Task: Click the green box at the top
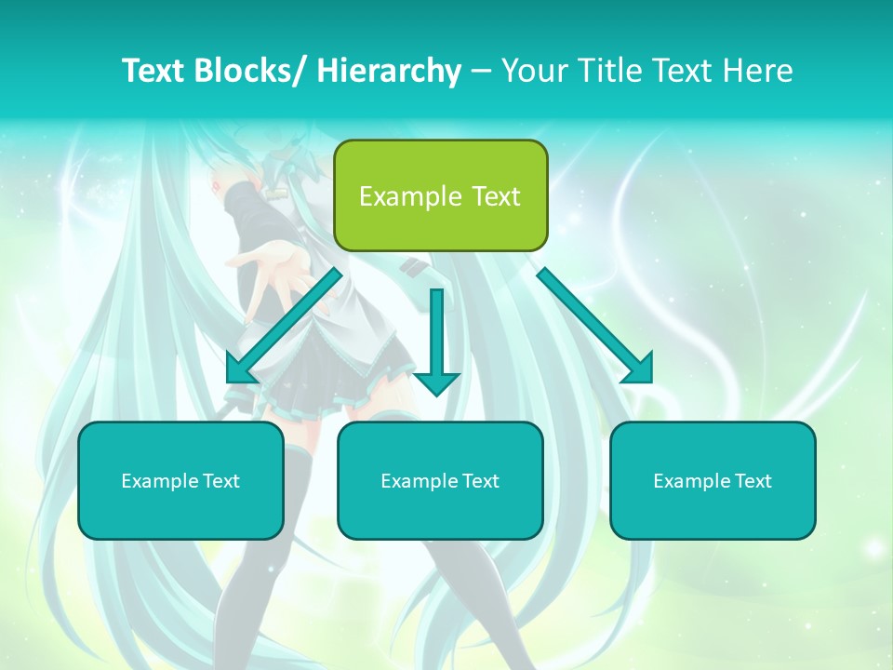click(x=440, y=195)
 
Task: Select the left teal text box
click(x=180, y=480)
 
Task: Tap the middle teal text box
click(x=440, y=480)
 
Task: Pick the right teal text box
click(x=713, y=480)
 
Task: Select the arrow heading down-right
click(x=595, y=327)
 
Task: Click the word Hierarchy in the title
click(x=389, y=71)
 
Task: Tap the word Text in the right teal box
click(x=751, y=481)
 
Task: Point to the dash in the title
click(x=481, y=71)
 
